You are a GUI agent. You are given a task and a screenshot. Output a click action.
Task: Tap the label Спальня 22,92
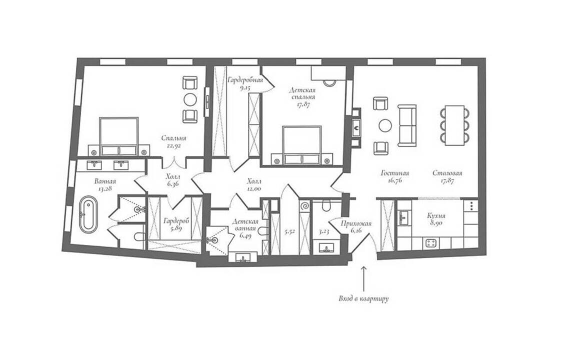click(173, 141)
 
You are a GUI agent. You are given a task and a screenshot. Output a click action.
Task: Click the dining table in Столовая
click(454, 125)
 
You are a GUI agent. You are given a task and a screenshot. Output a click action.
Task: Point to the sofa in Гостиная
click(407, 125)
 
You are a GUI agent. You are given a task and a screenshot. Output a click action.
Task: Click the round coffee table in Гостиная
click(385, 125)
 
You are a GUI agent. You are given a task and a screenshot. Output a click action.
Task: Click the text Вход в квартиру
click(363, 298)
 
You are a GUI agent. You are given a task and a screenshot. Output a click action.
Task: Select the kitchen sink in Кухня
click(403, 217)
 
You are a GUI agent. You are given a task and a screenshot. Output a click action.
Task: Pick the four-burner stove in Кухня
click(431, 243)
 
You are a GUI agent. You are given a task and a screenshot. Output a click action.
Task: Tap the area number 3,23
click(324, 232)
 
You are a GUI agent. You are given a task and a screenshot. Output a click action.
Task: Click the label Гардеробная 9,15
click(245, 83)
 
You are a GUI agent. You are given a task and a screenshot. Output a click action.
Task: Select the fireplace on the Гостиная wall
click(356, 127)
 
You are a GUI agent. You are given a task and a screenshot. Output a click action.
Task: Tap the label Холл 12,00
click(255, 184)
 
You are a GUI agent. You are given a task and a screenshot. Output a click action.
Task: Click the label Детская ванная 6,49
click(245, 228)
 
